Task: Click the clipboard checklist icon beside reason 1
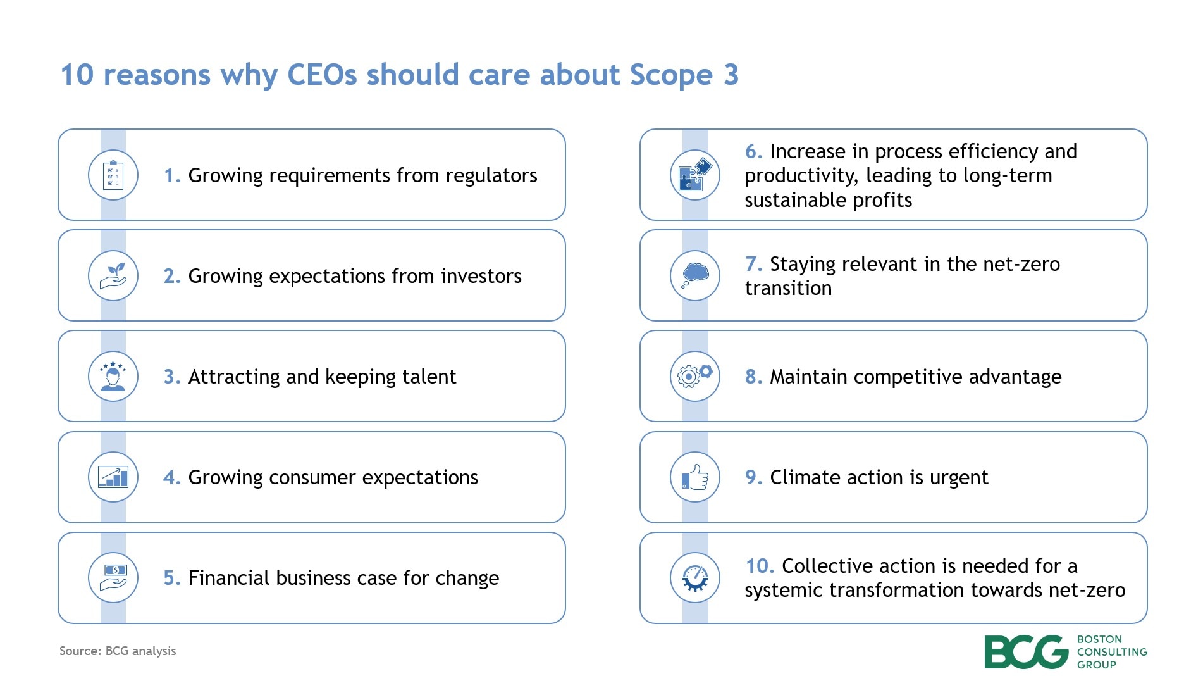tap(113, 175)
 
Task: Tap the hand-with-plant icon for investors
tap(113, 276)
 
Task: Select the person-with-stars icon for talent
tap(113, 377)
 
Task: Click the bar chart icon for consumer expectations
tap(113, 477)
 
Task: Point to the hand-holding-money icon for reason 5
tap(113, 578)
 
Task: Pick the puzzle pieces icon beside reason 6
tap(695, 175)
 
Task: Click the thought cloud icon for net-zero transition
tap(695, 276)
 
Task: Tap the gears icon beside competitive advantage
tap(695, 377)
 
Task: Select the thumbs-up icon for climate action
tap(695, 477)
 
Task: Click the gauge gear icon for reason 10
tap(695, 578)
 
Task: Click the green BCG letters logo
tap(1026, 652)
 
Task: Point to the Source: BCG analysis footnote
tap(118, 651)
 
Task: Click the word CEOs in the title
tap(322, 75)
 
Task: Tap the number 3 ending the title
tap(731, 75)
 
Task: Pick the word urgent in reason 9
tap(958, 477)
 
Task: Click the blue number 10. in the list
tap(759, 565)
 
